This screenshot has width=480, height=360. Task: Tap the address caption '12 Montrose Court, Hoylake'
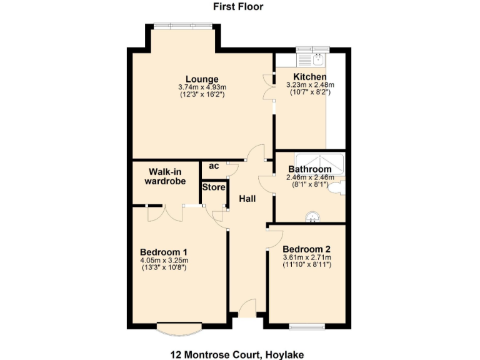[x=237, y=354]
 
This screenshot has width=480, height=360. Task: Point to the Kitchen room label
[x=311, y=77]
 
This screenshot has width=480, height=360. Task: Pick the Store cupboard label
[x=213, y=187]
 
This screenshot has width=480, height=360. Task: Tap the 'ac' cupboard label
[x=214, y=166]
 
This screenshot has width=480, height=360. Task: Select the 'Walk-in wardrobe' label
[x=166, y=177]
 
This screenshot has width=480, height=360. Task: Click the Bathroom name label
[x=309, y=169]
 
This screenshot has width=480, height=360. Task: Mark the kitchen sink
[x=317, y=60]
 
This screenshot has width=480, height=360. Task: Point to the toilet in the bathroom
[x=341, y=187]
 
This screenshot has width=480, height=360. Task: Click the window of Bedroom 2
[x=307, y=325]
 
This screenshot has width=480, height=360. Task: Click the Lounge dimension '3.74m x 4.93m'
[x=202, y=87]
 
